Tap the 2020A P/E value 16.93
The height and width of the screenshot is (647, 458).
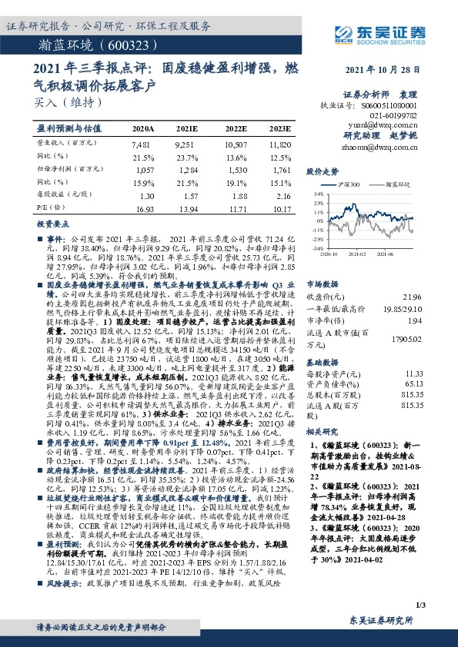pos(144,208)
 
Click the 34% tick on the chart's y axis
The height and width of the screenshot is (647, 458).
pos(316,194)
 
